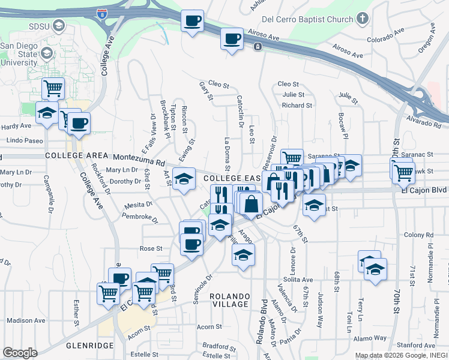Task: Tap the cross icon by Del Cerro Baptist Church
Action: pos(362,19)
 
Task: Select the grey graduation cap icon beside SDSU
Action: pos(59,26)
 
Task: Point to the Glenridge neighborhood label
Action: pos(91,346)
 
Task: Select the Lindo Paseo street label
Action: pos(25,140)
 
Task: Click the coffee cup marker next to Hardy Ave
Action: pos(78,124)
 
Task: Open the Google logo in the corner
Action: pos(20,353)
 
